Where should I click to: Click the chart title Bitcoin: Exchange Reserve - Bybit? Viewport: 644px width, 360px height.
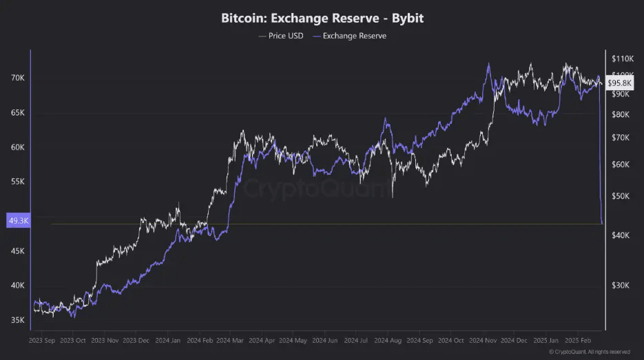(322, 18)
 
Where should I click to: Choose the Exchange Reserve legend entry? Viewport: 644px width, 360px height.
(349, 36)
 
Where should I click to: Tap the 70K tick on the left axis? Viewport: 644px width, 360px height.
(17, 78)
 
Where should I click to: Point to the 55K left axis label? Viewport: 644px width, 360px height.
(17, 182)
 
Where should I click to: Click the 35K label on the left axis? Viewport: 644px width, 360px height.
(17, 320)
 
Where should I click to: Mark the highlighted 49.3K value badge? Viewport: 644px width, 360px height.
(17, 221)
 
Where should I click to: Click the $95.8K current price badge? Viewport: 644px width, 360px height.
(619, 83)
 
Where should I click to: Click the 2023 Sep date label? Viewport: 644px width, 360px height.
(43, 340)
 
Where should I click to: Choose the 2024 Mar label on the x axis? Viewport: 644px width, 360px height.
(232, 340)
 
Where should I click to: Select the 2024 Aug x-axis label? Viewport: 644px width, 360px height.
(390, 340)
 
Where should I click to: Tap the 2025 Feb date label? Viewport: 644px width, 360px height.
(579, 340)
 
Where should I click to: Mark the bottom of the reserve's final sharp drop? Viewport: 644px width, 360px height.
(603, 223)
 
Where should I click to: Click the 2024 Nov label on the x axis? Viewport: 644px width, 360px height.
(485, 340)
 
